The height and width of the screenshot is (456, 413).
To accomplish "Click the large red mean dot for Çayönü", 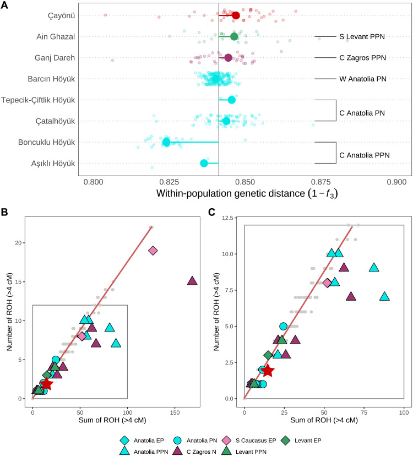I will point(236,15).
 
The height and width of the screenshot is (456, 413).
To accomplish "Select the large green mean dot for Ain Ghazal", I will point(234,37).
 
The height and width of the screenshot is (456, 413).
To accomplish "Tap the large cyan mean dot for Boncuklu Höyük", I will point(166,142).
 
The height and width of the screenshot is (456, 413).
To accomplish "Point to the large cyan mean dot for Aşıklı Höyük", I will point(204,163).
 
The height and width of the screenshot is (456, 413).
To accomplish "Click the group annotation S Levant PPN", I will point(361,37).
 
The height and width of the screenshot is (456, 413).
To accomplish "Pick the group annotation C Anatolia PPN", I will point(364,155).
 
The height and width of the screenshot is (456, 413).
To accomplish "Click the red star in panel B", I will point(46,384).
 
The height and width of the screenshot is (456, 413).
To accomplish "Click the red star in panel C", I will point(268,371).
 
